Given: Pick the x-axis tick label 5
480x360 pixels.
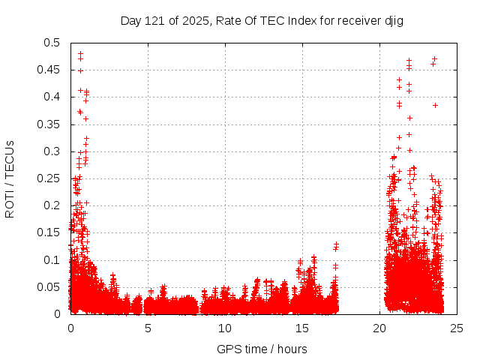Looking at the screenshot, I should coord(148,328).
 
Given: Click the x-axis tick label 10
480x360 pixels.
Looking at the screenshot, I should coord(225,328).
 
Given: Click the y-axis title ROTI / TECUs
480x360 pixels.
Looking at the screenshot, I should coord(10,178).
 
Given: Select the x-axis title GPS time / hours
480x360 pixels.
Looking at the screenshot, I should coord(262,349).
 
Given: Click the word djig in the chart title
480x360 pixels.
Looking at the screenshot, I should coord(394,20).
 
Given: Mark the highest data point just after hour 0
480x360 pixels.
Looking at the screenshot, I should coord(80,53).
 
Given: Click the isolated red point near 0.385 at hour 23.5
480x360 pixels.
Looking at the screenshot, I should coord(435,105).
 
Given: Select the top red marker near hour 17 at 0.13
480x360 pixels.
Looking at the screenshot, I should coord(336,244).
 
